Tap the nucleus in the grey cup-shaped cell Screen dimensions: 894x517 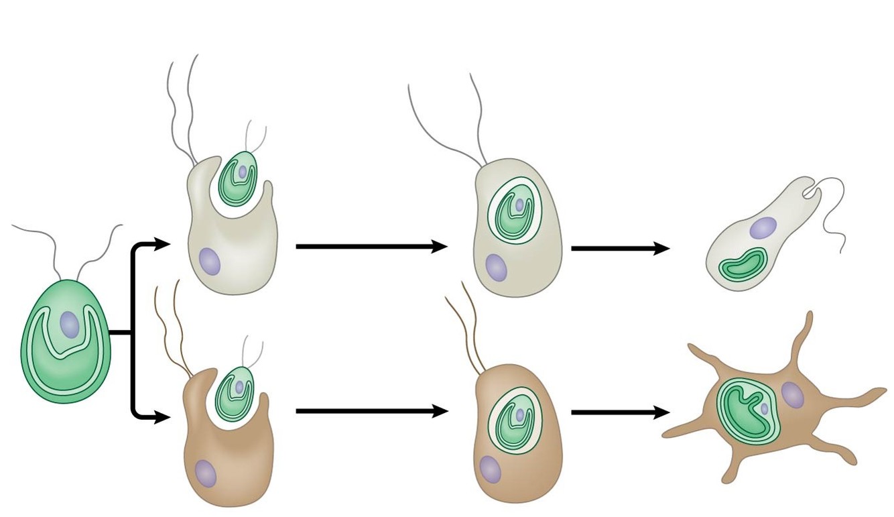tap(210, 260)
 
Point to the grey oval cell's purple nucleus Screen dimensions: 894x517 tap(497, 267)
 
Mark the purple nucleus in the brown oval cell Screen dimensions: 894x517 tap(491, 469)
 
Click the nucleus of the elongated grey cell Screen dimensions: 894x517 tap(763, 228)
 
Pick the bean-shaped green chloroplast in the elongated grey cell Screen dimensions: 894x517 tap(744, 264)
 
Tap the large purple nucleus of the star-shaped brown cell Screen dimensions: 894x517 tap(792, 395)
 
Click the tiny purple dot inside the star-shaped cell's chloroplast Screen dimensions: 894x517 tap(765, 408)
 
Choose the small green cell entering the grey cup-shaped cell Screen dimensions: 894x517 tap(238, 178)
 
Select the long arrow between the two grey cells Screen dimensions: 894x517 tap(371, 247)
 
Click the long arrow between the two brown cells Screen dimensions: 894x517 tap(371, 411)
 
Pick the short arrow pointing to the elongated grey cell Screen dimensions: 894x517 tap(620, 249)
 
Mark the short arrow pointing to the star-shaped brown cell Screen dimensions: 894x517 tap(620, 413)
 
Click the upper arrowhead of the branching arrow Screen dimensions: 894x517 tap(162, 244)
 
